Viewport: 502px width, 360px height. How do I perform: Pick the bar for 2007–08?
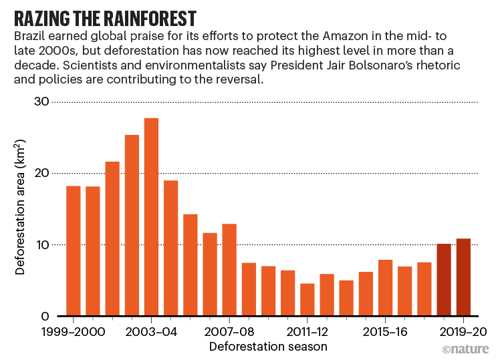point(229,270)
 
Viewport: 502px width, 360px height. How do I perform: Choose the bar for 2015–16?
point(385,288)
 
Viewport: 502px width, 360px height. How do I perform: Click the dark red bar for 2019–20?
point(463,277)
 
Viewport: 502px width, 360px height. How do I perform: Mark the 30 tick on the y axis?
point(41,102)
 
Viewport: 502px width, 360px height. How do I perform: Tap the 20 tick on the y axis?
point(41,173)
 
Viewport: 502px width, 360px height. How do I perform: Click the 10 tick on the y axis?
point(41,244)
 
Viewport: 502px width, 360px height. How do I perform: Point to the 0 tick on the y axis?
point(44,316)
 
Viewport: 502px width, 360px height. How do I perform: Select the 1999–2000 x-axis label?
point(74,331)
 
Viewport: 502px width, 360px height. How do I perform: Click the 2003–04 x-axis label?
point(151,331)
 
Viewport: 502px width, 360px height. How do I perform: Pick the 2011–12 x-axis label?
point(307,331)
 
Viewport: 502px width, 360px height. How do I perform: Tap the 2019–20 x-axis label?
point(463,331)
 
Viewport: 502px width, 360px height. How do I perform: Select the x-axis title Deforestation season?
point(268,347)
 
